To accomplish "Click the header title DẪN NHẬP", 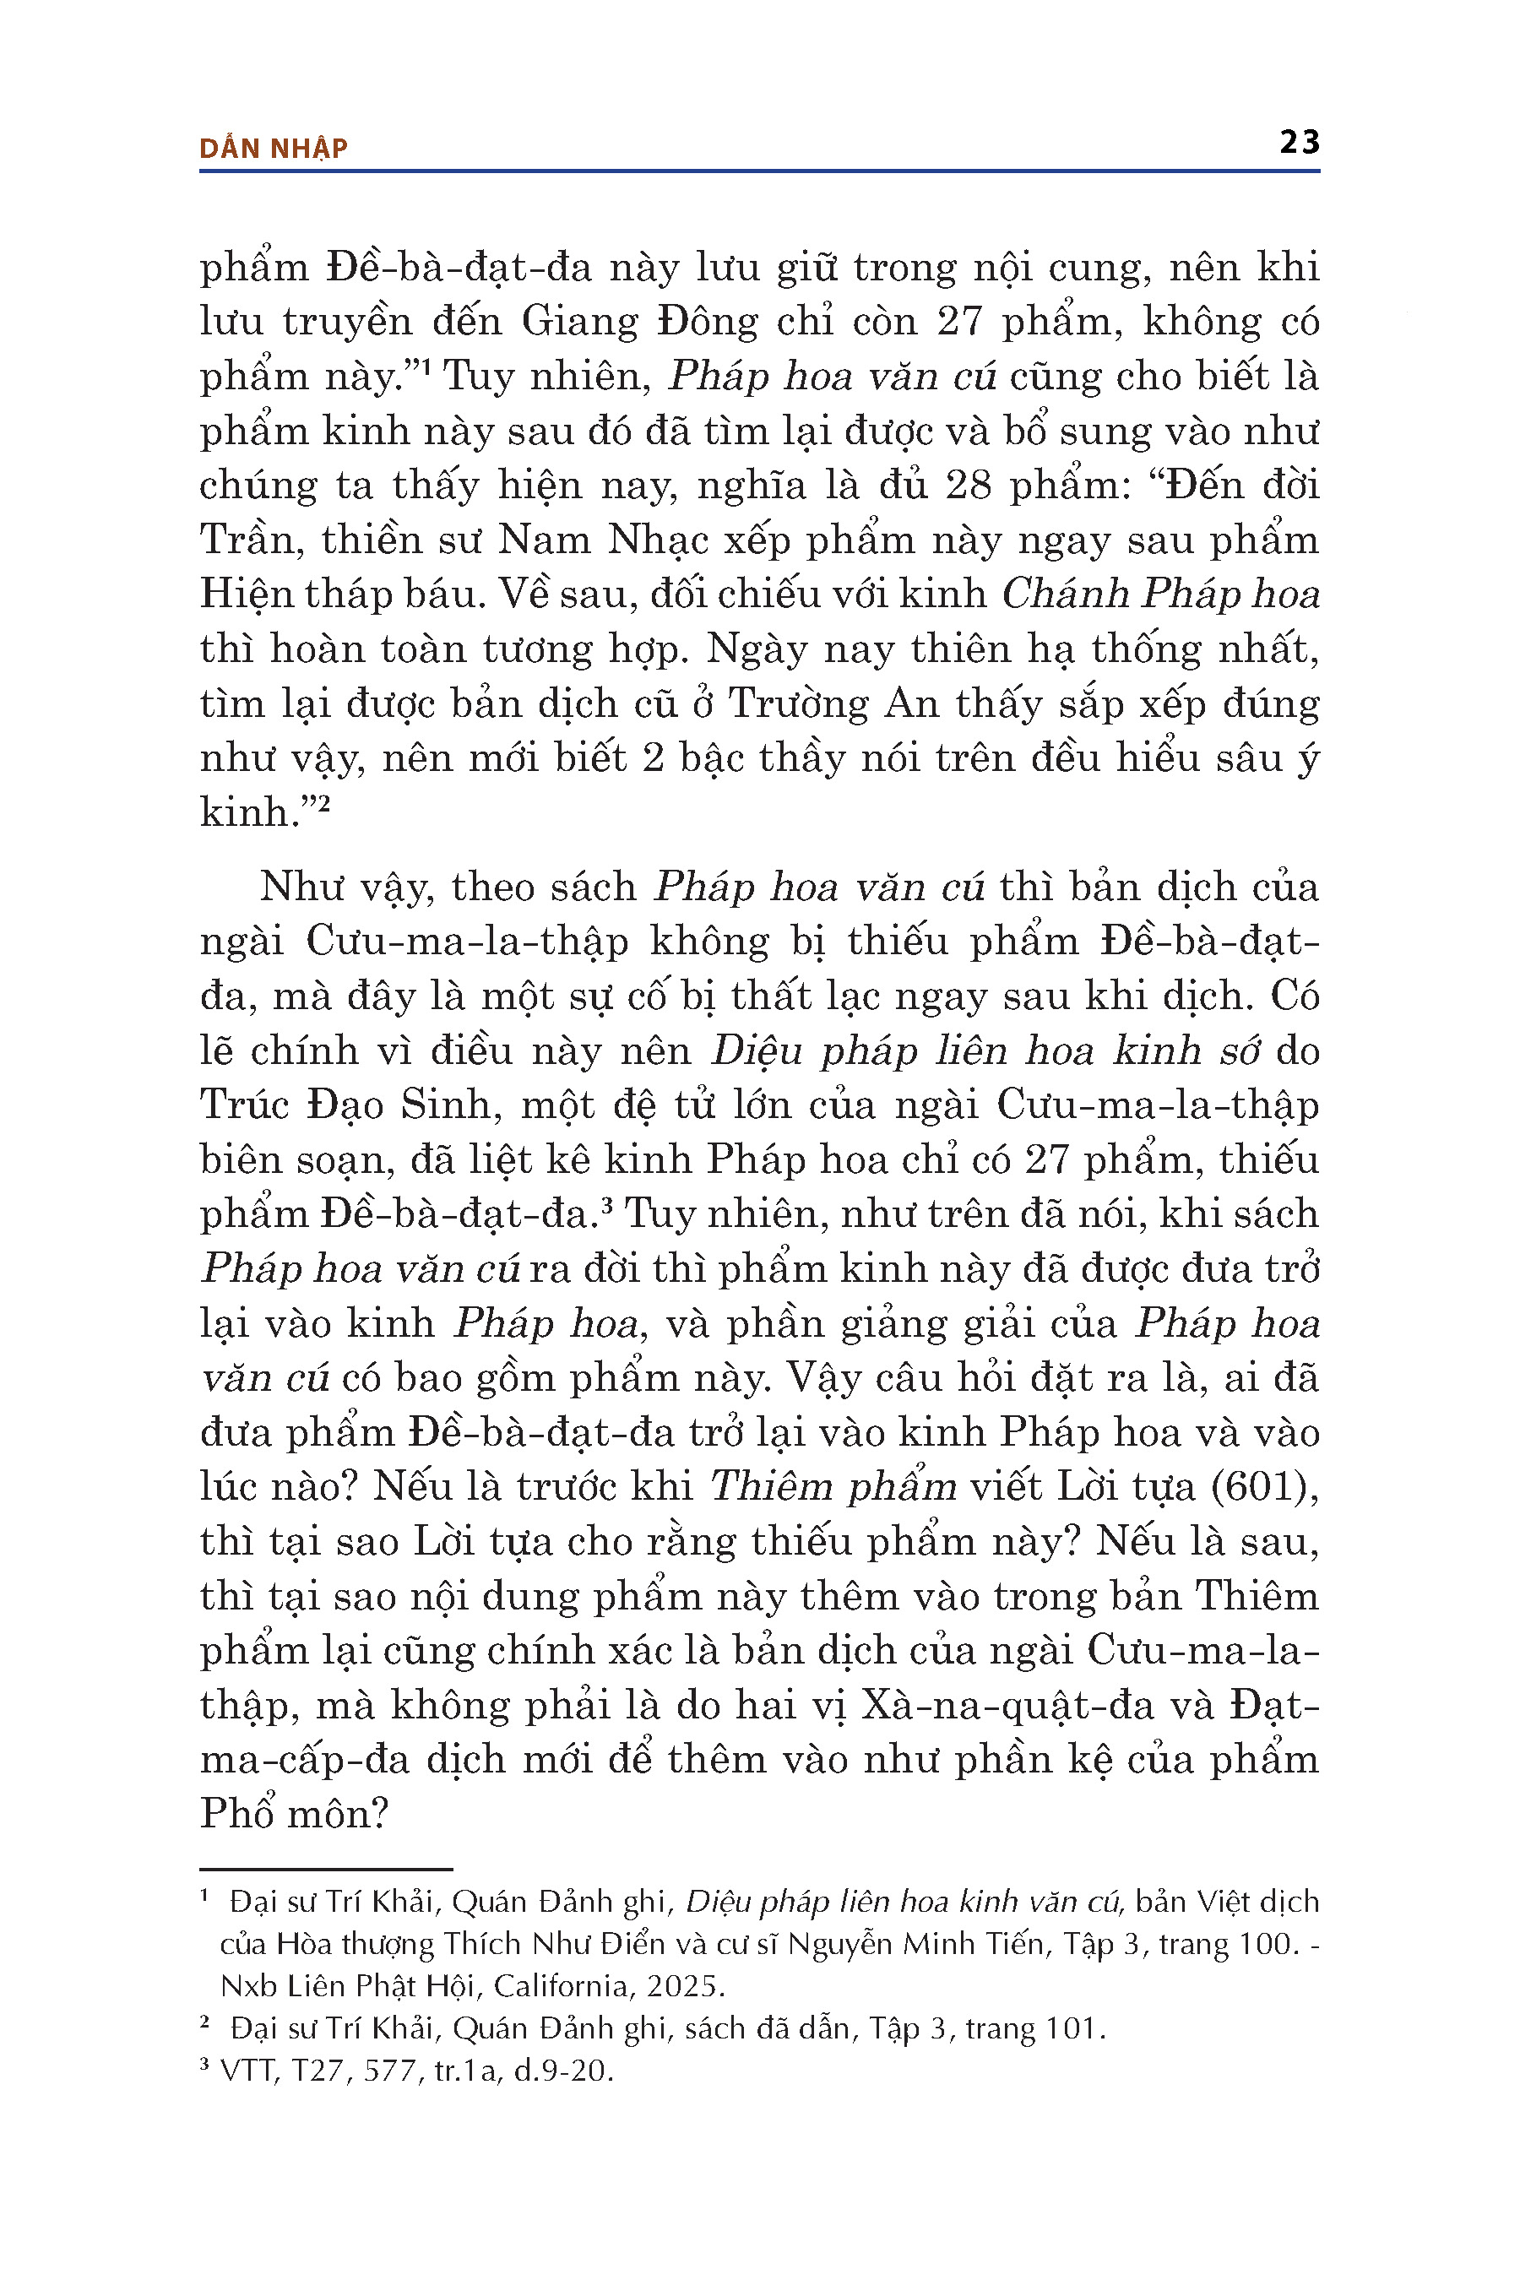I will [x=273, y=149].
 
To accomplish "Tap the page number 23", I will [x=1299, y=143].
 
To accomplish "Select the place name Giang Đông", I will [x=640, y=322].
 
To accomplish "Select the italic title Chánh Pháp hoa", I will [x=1160, y=594].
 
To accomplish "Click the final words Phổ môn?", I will [x=294, y=1814].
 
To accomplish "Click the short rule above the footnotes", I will [x=326, y=1869].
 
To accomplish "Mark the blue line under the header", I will [x=759, y=171].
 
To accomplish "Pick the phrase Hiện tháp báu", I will [x=340, y=594].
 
